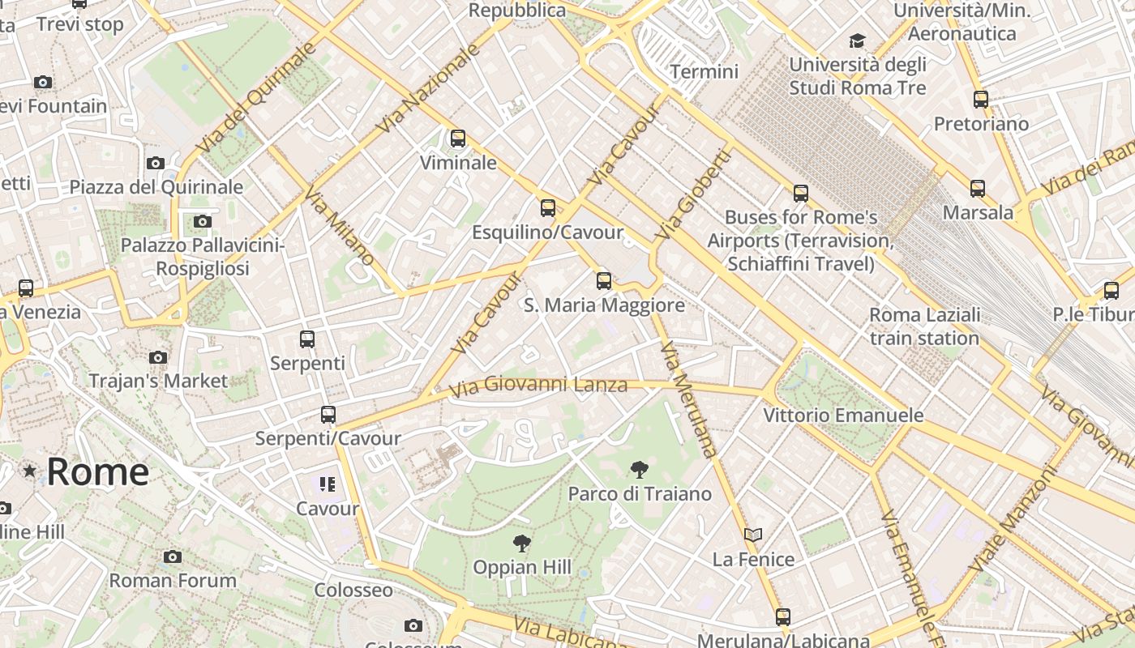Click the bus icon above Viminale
click(458, 139)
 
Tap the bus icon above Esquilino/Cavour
click(548, 208)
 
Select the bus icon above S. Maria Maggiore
click(604, 281)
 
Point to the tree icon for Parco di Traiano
click(640, 469)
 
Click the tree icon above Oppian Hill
click(522, 543)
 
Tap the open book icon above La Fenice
click(753, 535)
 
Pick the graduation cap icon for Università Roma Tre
click(857, 40)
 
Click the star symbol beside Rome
click(30, 471)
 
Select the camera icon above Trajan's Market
click(158, 357)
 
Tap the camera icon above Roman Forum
click(172, 556)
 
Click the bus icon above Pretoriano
click(981, 100)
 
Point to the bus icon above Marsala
click(978, 189)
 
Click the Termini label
click(704, 72)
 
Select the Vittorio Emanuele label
click(843, 416)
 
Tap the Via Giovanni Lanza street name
click(538, 386)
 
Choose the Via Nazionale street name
click(429, 89)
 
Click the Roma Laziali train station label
click(925, 326)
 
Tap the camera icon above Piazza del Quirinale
click(156, 163)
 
